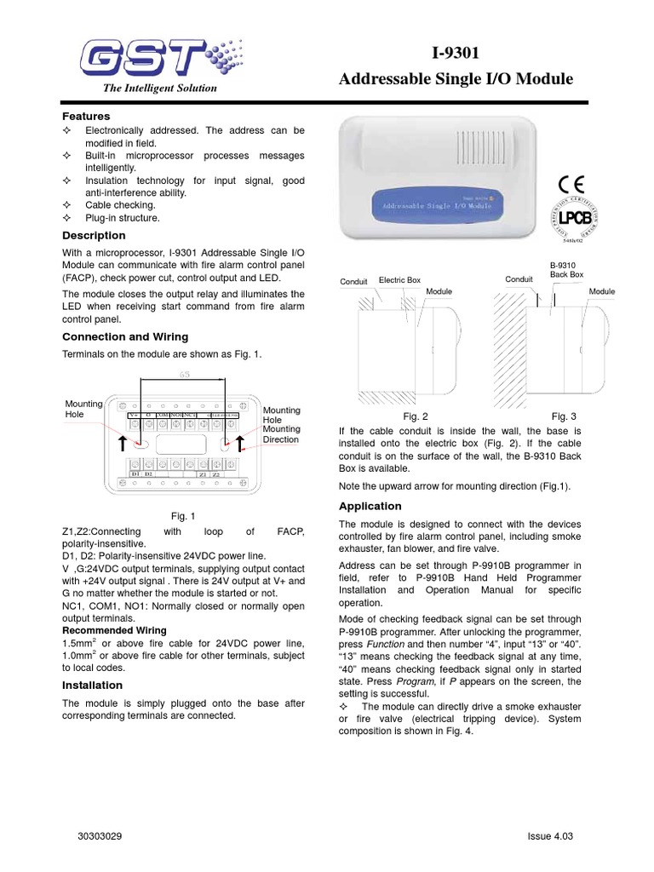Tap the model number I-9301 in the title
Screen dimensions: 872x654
[x=455, y=53]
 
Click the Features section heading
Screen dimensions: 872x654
[x=86, y=116]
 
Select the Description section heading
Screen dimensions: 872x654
[x=94, y=235]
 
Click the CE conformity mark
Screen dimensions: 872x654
[x=572, y=184]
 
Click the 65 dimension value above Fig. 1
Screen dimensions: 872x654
[x=184, y=375]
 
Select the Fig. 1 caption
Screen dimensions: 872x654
[x=183, y=516]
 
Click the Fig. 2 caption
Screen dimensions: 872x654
[x=415, y=416]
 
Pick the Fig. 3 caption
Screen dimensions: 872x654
[x=564, y=416]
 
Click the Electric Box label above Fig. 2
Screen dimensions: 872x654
[x=399, y=279]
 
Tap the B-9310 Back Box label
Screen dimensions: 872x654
[x=566, y=270]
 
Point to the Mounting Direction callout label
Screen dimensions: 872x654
[x=281, y=434]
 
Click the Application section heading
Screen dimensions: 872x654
[x=370, y=506]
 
